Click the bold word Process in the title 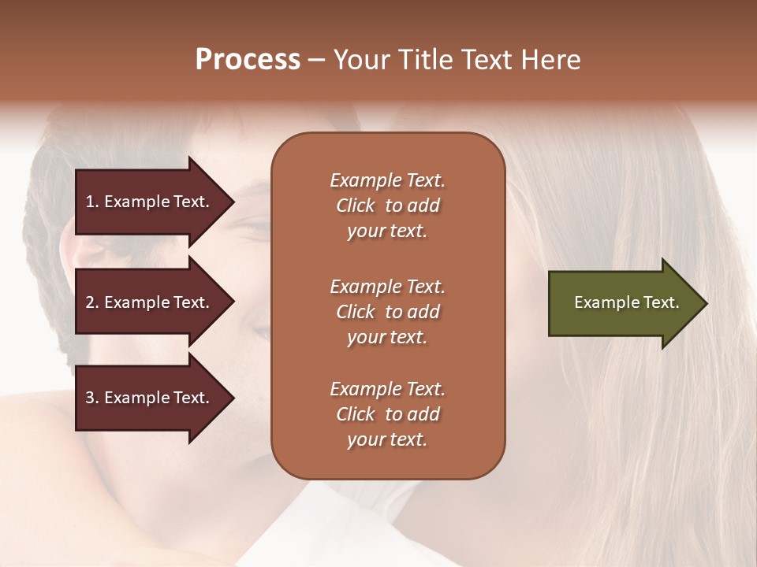click(248, 60)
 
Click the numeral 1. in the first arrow click(92, 202)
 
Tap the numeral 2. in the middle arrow click(92, 302)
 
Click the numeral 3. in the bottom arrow click(92, 398)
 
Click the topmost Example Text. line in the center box click(387, 180)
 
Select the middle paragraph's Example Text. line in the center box click(387, 287)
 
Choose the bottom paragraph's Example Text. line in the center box click(387, 389)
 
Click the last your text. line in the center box click(387, 440)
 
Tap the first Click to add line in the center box click(387, 206)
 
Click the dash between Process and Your click(317, 61)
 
